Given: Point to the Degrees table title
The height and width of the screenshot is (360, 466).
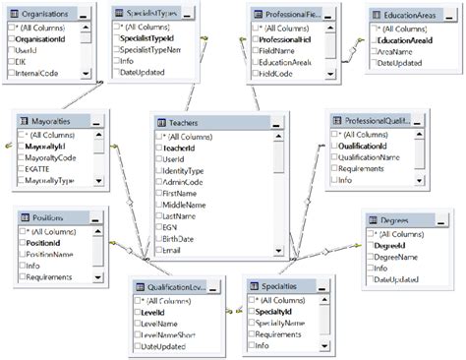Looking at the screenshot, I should [x=393, y=221].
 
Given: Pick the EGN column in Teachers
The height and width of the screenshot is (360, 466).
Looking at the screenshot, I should [x=174, y=224].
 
